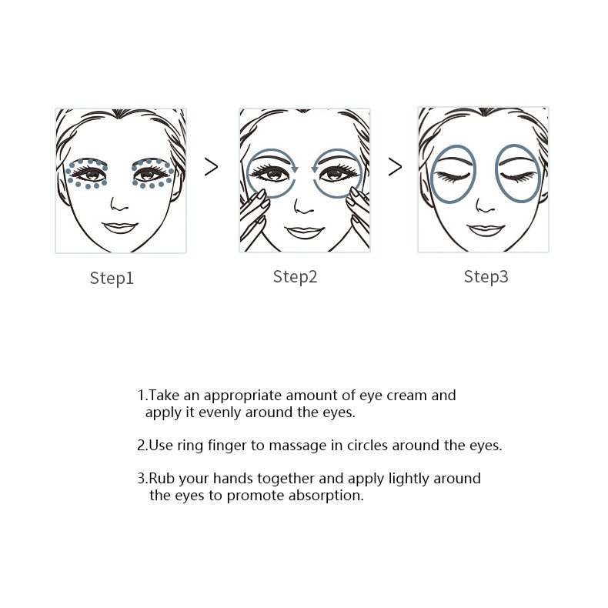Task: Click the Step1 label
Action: (x=112, y=279)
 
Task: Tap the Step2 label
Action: (x=295, y=277)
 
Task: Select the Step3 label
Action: (x=486, y=277)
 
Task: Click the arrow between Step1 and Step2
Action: (x=211, y=167)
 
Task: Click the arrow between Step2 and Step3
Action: (x=395, y=167)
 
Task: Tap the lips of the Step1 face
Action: (x=119, y=227)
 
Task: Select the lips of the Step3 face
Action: (x=486, y=229)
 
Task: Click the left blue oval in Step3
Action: (x=453, y=174)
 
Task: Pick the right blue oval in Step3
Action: (x=518, y=174)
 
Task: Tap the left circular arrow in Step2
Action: (x=271, y=172)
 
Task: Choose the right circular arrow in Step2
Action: (x=337, y=172)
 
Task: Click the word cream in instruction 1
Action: (x=405, y=396)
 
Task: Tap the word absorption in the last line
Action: (x=325, y=496)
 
